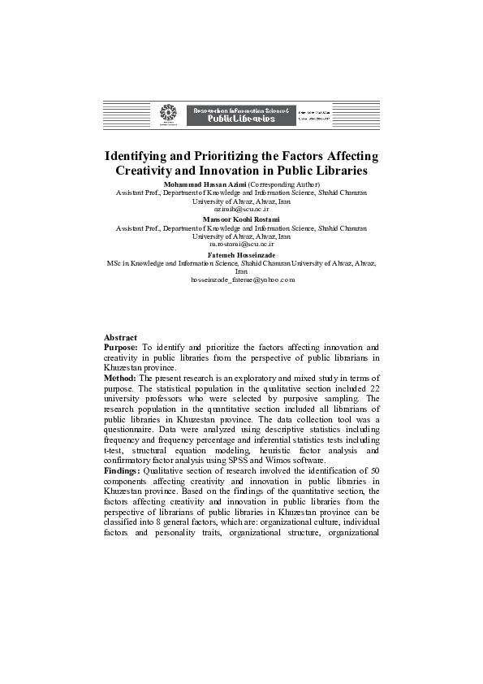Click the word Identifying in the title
coord(143,155)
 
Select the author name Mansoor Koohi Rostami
coord(241,219)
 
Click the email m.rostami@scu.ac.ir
coord(241,243)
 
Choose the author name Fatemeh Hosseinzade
coord(241,255)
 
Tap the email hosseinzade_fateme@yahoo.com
coord(241,279)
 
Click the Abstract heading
coord(120,337)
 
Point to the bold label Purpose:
coord(121,348)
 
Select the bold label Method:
coord(120,379)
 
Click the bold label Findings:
coord(122,471)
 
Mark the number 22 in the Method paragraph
coord(372,399)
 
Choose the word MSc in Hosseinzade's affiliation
coord(114,264)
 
